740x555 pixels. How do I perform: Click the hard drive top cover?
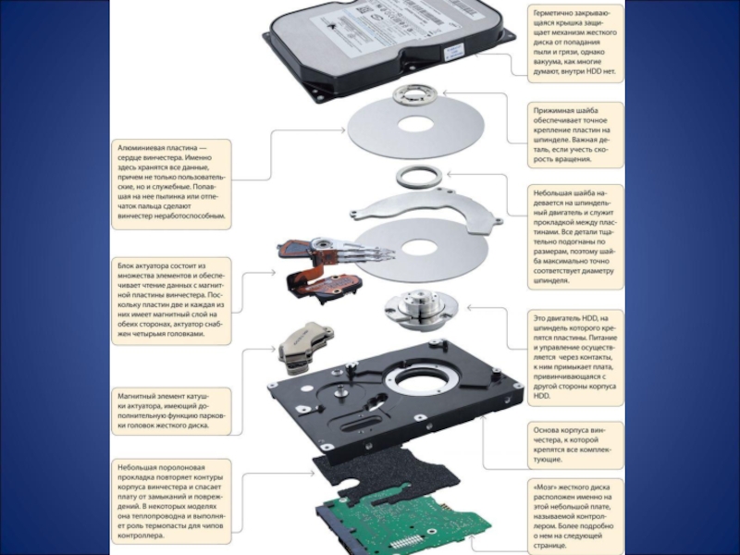(x=388, y=37)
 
